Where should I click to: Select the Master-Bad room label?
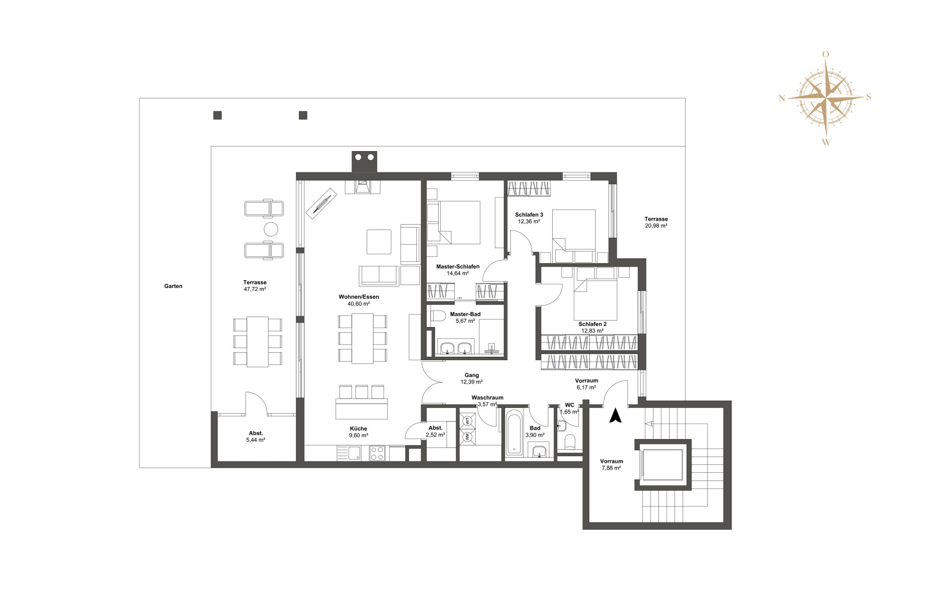(465, 314)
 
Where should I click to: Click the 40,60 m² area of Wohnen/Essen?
(358, 304)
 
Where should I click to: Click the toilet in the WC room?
(570, 442)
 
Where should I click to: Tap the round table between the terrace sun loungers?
(271, 229)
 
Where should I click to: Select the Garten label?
(173, 286)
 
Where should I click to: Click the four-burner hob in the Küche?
(377, 453)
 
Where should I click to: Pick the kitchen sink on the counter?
(354, 453)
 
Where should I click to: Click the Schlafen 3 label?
(529, 214)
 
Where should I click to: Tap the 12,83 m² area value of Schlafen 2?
(592, 331)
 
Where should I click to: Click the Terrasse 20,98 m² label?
(656, 222)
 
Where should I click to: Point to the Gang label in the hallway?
(471, 375)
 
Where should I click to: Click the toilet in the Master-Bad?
(438, 316)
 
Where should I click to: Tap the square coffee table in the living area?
(379, 242)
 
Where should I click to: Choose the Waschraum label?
(487, 398)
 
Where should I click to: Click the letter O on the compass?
(825, 55)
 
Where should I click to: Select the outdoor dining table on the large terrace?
(257, 342)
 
